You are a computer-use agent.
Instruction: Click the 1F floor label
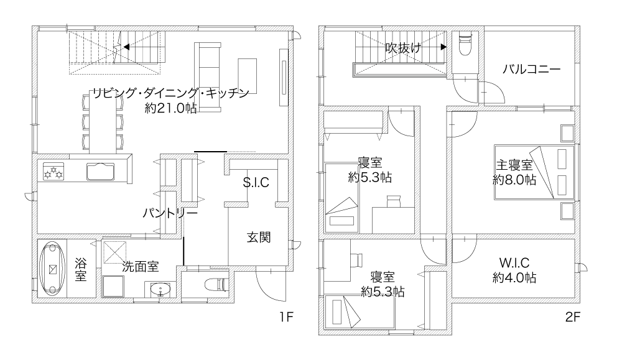point(285,316)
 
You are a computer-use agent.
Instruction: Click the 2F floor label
point(572,316)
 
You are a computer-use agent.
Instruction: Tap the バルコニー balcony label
point(532,70)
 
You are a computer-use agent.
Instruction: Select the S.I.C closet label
point(256,182)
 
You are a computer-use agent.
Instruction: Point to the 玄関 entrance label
point(259,237)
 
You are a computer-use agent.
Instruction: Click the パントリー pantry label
point(170,213)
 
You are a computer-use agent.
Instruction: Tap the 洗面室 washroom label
point(141,267)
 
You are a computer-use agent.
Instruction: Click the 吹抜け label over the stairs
point(403,48)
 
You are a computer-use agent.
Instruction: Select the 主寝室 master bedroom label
point(514,165)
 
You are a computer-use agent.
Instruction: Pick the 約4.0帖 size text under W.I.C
point(514,277)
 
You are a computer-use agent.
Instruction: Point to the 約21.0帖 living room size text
point(170,108)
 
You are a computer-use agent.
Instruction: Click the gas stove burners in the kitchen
point(53,171)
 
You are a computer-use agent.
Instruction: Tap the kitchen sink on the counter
point(100,171)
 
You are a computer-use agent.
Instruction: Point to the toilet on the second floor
point(465,45)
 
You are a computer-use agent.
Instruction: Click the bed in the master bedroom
point(534,172)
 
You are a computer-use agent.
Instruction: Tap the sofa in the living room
point(208,77)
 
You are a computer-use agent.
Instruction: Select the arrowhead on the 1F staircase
point(126,47)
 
